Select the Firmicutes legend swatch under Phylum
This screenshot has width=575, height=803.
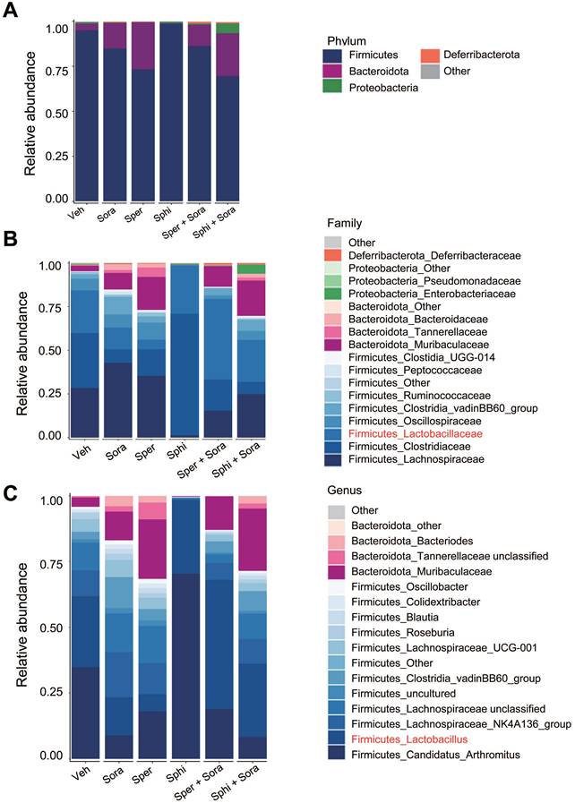(x=337, y=56)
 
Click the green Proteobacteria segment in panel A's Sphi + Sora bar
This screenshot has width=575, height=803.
(x=228, y=29)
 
